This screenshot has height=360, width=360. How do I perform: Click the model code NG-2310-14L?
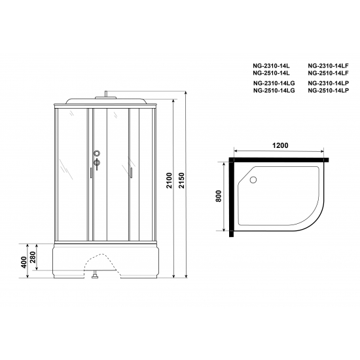point(270,66)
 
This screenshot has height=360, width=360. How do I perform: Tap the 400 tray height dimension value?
point(24,262)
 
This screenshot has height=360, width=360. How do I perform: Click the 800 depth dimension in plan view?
point(219,196)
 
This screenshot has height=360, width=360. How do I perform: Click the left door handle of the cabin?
point(90,173)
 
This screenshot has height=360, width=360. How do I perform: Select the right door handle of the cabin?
point(132,173)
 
